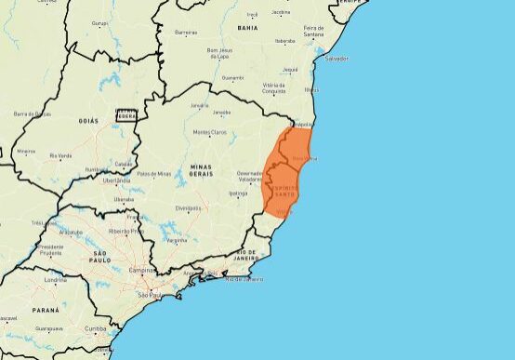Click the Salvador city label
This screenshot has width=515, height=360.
336,59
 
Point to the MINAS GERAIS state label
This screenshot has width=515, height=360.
200,171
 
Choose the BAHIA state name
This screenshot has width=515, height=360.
247,28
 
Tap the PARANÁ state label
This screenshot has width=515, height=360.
45,309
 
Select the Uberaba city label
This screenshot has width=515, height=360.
124,198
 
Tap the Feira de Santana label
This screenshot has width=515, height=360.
313,31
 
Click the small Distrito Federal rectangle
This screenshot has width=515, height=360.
125,115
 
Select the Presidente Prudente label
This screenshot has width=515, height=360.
50,250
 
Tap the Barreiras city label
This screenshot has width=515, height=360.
186,32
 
